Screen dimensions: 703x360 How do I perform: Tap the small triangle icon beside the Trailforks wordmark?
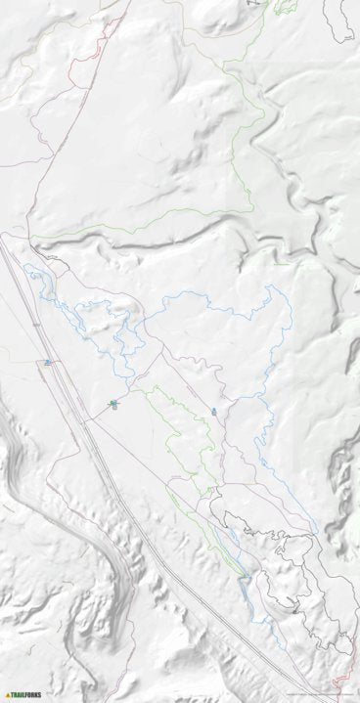point(8,695)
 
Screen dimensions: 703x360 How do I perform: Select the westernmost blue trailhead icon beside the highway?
point(46,363)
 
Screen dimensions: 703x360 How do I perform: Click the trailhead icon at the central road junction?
point(113,403)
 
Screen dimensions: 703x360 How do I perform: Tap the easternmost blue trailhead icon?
point(213,412)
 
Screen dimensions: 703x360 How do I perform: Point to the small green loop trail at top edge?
point(284,7)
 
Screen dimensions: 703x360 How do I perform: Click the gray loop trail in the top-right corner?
point(343,24)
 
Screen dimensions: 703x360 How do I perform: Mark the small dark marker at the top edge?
point(248,3)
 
